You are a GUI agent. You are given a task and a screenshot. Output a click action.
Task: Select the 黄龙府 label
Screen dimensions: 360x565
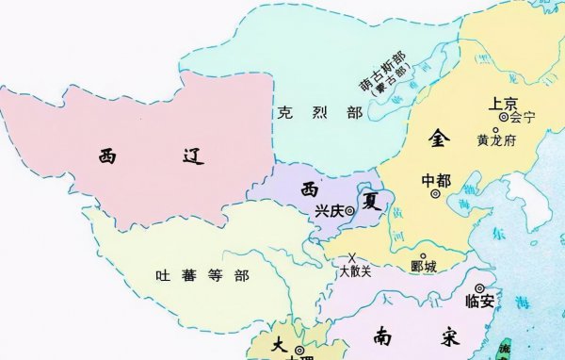(496, 139)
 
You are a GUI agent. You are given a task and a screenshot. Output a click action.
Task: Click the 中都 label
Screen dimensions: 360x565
(436, 179)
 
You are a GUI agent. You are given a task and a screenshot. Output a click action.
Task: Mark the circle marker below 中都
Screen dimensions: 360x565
(435, 194)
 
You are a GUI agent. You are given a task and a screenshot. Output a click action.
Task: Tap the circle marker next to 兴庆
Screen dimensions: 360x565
(349, 211)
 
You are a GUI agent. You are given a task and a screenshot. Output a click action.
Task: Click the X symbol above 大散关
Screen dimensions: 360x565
(351, 257)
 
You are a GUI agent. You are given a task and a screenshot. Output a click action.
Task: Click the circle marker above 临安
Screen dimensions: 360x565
(480, 288)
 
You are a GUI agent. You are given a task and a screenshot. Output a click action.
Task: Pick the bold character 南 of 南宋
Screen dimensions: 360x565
(383, 335)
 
